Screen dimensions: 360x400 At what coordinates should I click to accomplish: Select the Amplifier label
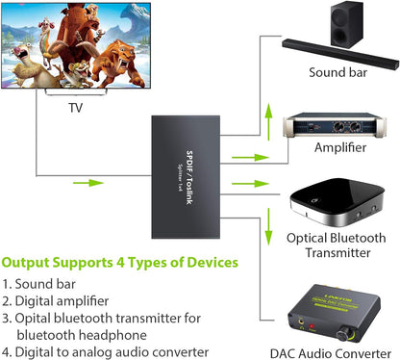coord(339,147)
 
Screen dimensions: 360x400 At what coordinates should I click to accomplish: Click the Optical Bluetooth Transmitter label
coord(337,244)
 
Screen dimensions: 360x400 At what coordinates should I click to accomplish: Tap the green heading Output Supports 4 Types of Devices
coord(120,262)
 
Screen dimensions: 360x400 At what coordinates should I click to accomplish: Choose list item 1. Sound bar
coord(42,284)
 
